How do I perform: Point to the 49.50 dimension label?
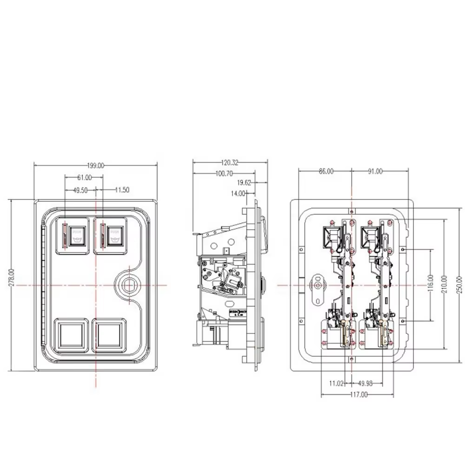(x=80, y=190)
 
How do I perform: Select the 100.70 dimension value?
(x=224, y=173)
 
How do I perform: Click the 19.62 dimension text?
(x=244, y=183)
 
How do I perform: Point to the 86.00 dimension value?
(x=326, y=172)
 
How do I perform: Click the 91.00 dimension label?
(x=375, y=172)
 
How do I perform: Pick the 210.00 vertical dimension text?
(x=445, y=283)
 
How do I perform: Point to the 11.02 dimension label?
(x=336, y=384)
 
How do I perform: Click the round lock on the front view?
(x=128, y=284)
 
